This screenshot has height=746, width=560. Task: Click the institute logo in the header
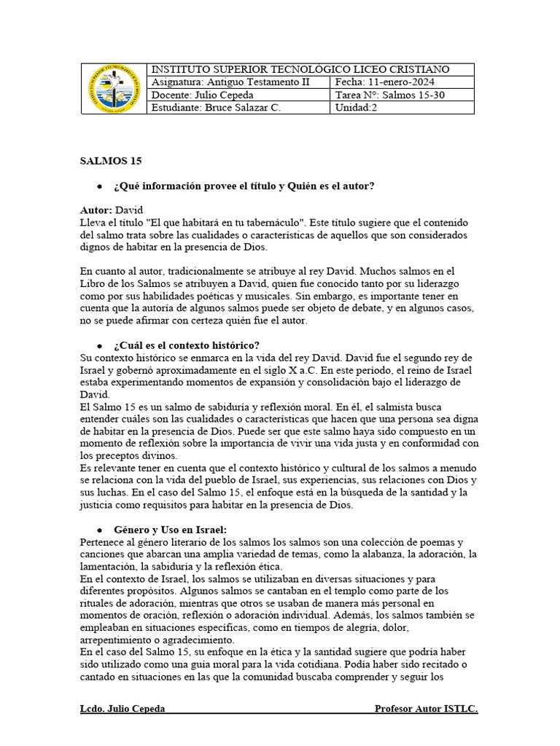(113, 89)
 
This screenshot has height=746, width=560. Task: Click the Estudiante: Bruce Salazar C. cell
(215, 108)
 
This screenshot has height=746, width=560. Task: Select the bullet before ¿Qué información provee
(98, 186)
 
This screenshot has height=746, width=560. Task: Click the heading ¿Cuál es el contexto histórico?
(187, 345)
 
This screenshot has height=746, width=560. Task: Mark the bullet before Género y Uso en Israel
(98, 530)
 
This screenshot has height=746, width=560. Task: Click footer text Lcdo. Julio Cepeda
(122, 709)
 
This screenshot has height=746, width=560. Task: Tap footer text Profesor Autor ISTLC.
(426, 709)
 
